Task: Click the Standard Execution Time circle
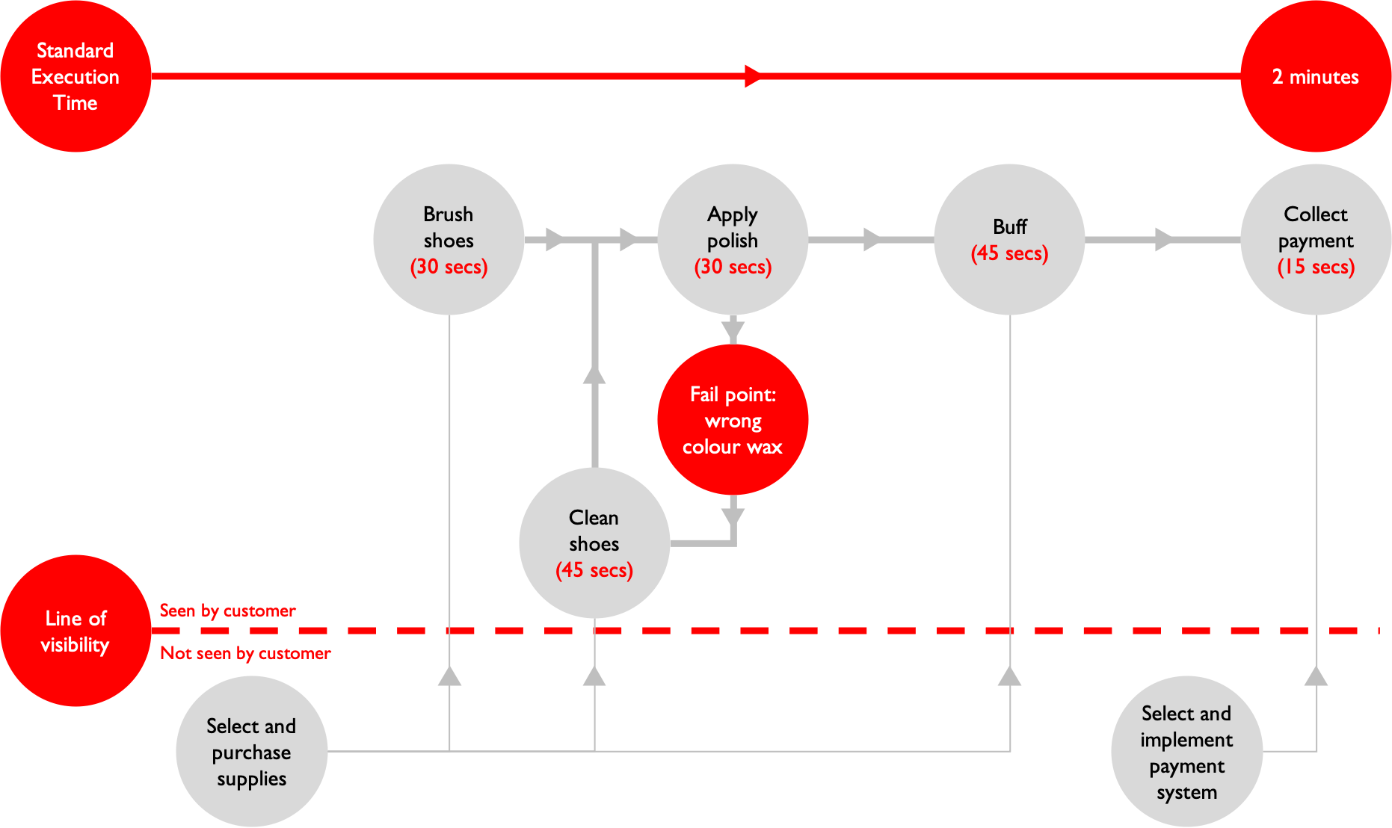click(76, 76)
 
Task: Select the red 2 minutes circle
click(1316, 76)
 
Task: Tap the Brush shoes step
click(449, 239)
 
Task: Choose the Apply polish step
click(733, 239)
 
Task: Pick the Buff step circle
click(1009, 239)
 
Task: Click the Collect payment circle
click(1316, 239)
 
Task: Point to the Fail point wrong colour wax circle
click(733, 420)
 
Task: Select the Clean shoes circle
click(594, 543)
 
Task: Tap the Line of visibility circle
click(76, 631)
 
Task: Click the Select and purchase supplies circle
click(251, 752)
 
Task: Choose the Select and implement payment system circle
click(1186, 752)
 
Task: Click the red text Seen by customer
click(228, 611)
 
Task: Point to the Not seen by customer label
click(245, 653)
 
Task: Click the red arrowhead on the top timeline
click(753, 76)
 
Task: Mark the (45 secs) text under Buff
click(1009, 253)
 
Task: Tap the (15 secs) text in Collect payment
click(1316, 267)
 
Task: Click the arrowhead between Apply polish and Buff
click(872, 240)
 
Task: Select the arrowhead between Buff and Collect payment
click(1163, 240)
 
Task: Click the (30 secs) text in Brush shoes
click(449, 267)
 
